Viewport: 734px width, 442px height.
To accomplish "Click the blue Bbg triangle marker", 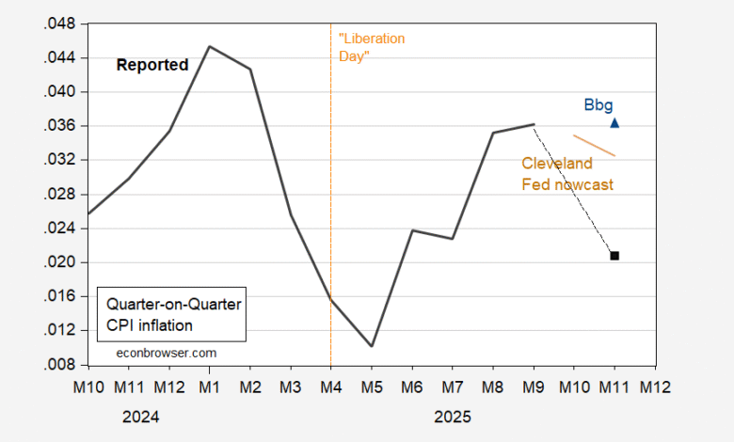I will pos(614,122).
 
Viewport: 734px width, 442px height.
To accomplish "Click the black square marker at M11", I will pos(614,256).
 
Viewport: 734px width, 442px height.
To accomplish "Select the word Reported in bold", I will pos(152,65).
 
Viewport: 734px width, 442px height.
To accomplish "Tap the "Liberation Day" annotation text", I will pos(371,48).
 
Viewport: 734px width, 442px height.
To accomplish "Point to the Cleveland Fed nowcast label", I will pos(567,174).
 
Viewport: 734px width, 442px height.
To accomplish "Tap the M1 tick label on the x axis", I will pos(209,387).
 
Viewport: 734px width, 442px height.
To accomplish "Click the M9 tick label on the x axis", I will pos(534,387).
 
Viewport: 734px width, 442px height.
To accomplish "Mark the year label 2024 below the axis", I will pos(140,416).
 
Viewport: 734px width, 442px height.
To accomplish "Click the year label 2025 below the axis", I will pos(452,416).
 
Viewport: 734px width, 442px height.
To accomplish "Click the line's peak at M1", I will pos(209,46).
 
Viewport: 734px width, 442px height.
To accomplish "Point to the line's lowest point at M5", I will pos(372,346).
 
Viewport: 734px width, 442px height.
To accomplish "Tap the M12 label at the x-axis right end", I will pos(655,387).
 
